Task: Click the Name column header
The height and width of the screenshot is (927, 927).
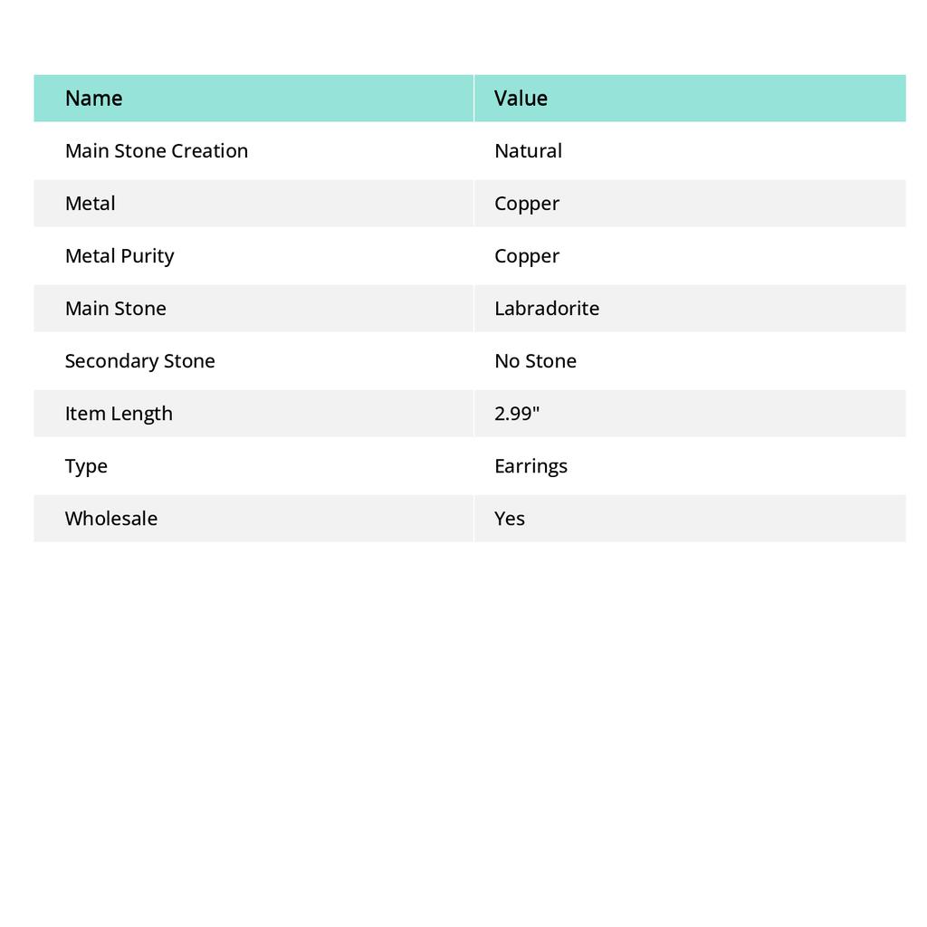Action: [93, 98]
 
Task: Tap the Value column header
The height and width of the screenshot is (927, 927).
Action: [521, 98]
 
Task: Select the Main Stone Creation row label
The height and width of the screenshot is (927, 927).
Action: [156, 150]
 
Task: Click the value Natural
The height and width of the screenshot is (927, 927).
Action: [528, 150]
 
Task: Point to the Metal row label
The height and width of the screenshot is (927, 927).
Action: [90, 203]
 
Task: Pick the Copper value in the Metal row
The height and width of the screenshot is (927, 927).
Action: [527, 203]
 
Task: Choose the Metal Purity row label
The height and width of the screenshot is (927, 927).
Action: [119, 255]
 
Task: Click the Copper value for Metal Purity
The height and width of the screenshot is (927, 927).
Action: [527, 255]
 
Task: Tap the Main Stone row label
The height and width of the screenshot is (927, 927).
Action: [115, 308]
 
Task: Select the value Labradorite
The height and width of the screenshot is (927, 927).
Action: [547, 308]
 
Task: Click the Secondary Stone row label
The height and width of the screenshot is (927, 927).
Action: [139, 360]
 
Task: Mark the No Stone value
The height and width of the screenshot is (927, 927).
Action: [535, 360]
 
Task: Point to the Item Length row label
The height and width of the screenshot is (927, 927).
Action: [119, 413]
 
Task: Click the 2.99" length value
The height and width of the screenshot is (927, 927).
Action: [517, 413]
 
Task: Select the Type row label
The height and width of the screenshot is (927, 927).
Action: [86, 465]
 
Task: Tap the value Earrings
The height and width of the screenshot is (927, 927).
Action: [530, 465]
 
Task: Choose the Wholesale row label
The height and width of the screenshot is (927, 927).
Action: [110, 518]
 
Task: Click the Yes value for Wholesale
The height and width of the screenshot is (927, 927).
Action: [510, 518]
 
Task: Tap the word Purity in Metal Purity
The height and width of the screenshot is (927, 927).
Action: [147, 255]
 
